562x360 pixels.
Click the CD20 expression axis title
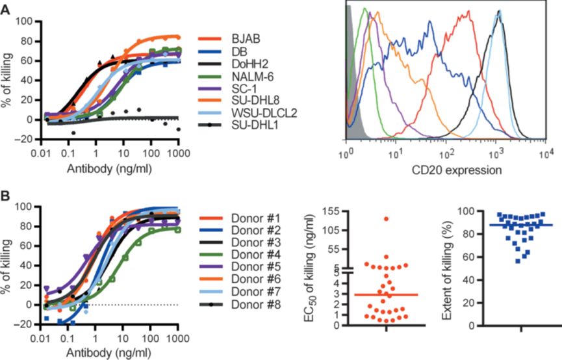pyautogui.click(x=445, y=172)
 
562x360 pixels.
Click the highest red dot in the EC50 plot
pyautogui.click(x=386, y=219)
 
